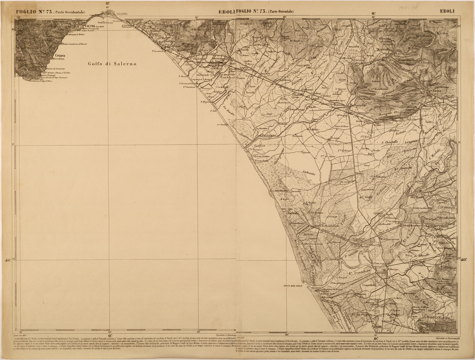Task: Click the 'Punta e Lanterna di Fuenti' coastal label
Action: click(x=72, y=43)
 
